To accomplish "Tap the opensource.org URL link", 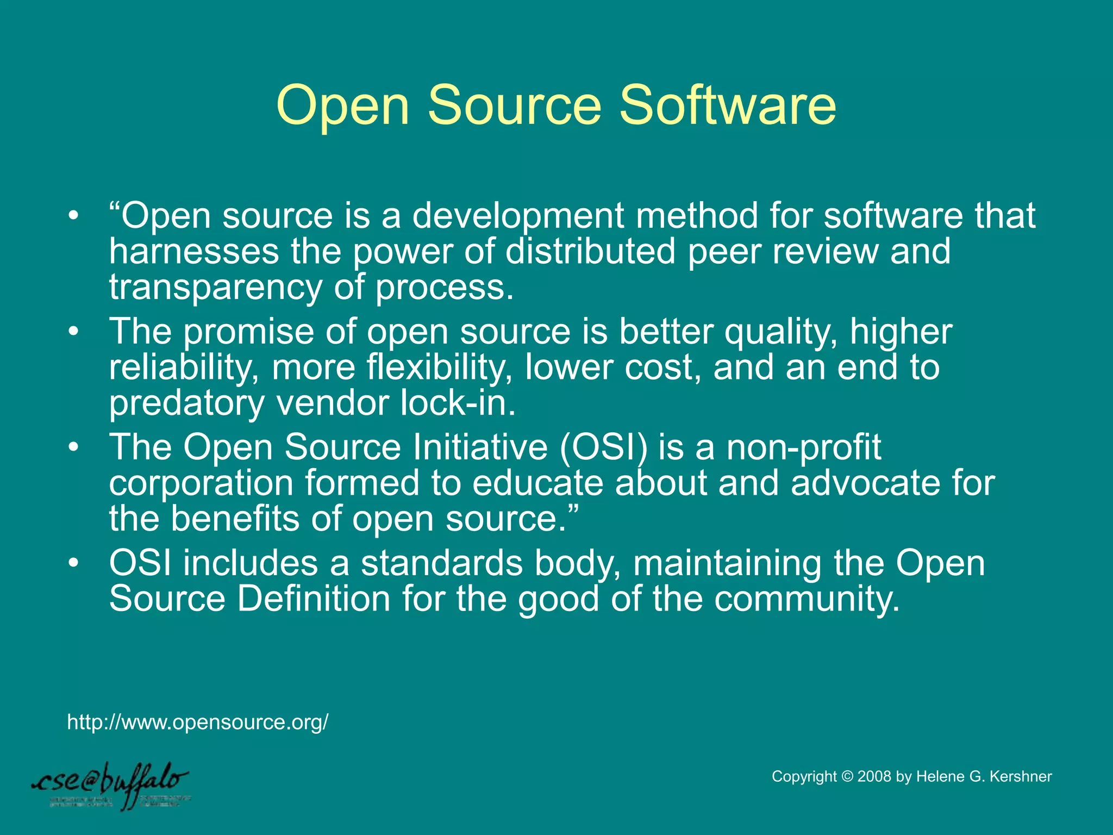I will (x=198, y=722).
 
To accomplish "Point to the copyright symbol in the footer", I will (x=847, y=776).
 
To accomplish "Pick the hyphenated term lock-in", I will (x=457, y=403).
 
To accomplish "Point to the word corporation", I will (x=202, y=483).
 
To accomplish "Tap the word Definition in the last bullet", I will (x=314, y=599).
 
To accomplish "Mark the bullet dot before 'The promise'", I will (x=74, y=332).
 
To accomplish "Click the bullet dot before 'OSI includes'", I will (x=74, y=563).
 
